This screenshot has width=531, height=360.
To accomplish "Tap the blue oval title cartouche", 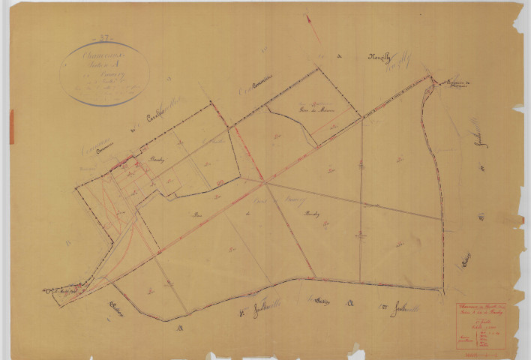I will click(x=104, y=73).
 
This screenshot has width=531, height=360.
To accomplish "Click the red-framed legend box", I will click(x=481, y=325).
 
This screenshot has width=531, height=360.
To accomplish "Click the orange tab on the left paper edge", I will click(x=10, y=126).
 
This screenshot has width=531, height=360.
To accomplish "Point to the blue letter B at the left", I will click(x=69, y=242).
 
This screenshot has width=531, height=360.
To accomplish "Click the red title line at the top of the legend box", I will click(x=481, y=308).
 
